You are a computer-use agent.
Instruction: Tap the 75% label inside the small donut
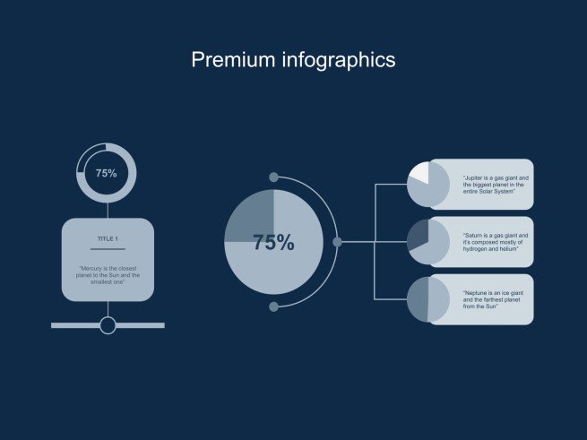click(107, 173)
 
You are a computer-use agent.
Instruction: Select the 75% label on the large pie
click(273, 242)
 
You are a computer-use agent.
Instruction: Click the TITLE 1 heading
click(108, 239)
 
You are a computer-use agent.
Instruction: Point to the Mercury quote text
click(108, 275)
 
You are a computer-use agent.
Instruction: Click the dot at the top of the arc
click(274, 177)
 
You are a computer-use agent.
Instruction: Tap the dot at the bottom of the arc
click(274, 306)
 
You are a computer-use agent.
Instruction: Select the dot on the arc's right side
click(338, 242)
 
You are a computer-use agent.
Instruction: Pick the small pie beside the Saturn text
click(428, 242)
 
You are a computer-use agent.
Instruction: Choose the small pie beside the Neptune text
click(428, 299)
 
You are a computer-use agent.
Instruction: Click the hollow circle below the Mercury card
click(108, 325)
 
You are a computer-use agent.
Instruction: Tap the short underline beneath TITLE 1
click(108, 248)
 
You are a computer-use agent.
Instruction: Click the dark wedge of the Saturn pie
click(418, 237)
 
